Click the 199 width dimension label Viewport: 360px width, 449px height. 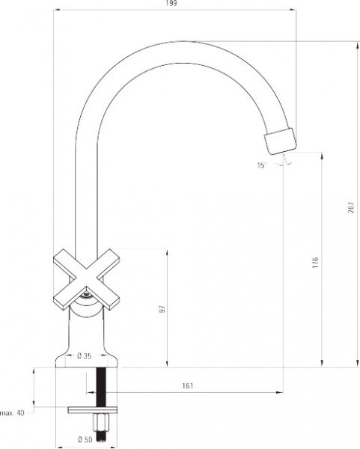click(171, 3)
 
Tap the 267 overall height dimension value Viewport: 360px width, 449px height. click(352, 207)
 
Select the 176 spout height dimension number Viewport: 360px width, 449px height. click(315, 263)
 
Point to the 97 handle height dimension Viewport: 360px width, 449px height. click(162, 309)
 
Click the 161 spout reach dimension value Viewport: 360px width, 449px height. click(188, 385)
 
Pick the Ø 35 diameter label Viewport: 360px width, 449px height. click(85, 356)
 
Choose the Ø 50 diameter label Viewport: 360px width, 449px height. click(85, 439)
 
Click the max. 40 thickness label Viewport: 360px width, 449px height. click(12, 413)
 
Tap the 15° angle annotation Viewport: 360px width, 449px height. click(261, 165)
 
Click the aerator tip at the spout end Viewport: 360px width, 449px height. click(280, 141)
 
